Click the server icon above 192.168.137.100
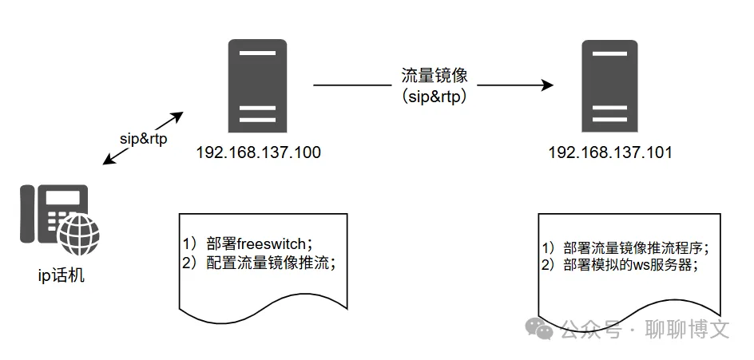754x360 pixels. click(257, 86)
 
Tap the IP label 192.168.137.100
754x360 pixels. click(258, 152)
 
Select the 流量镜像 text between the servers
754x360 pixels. click(434, 76)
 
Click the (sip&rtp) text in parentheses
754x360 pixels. click(434, 97)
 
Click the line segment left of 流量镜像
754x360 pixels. click(351, 85)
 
